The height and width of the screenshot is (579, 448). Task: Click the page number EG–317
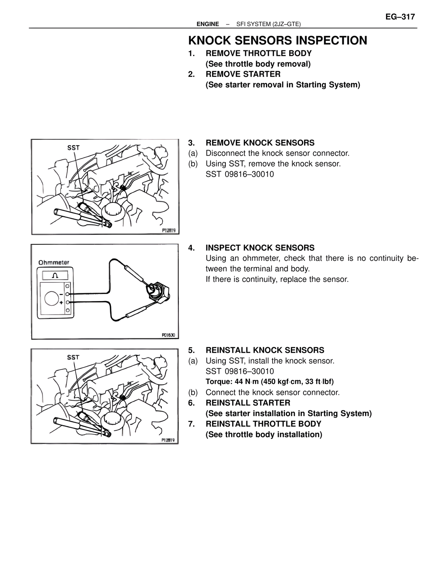coord(400,16)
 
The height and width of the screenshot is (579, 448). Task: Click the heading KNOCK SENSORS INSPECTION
coord(278,41)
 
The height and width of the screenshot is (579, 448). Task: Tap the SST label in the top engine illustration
coord(73,148)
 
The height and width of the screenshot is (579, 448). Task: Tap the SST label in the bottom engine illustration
coord(73,357)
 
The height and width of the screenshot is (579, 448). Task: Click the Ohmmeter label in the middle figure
coord(54,262)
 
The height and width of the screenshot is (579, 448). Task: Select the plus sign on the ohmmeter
coord(61,302)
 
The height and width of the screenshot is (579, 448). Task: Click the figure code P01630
coord(168,335)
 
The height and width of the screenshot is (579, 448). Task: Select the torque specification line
coord(269,381)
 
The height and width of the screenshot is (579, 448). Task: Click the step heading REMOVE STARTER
coord(243,74)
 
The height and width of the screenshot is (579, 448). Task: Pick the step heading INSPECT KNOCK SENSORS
coord(260,248)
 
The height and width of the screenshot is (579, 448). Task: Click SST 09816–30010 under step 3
coord(240,174)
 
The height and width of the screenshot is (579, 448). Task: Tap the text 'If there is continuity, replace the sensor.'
coord(277,279)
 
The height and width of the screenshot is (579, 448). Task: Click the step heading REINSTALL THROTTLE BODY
coord(263,424)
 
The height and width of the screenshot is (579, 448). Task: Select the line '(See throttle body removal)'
coord(258,64)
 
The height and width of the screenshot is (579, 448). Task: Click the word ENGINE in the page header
coord(208,24)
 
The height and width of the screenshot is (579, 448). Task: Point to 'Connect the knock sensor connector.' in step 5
coord(272,392)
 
